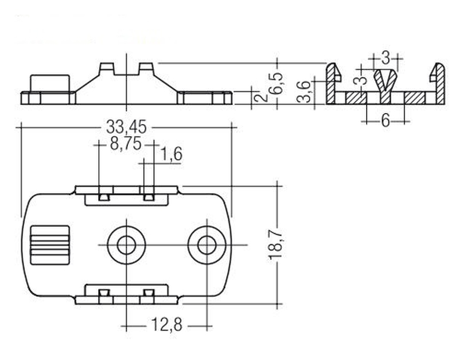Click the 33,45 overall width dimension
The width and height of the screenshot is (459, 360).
pos(126,127)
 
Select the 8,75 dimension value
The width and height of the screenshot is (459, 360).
pos(126,144)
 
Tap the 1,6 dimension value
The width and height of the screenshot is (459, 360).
pos(172,154)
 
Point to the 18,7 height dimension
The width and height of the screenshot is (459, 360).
pos(275,244)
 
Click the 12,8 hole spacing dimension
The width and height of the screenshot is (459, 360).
pos(166,325)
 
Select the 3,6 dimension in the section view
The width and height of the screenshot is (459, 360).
pos(305,92)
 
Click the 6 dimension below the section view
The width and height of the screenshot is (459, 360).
pos(386,121)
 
